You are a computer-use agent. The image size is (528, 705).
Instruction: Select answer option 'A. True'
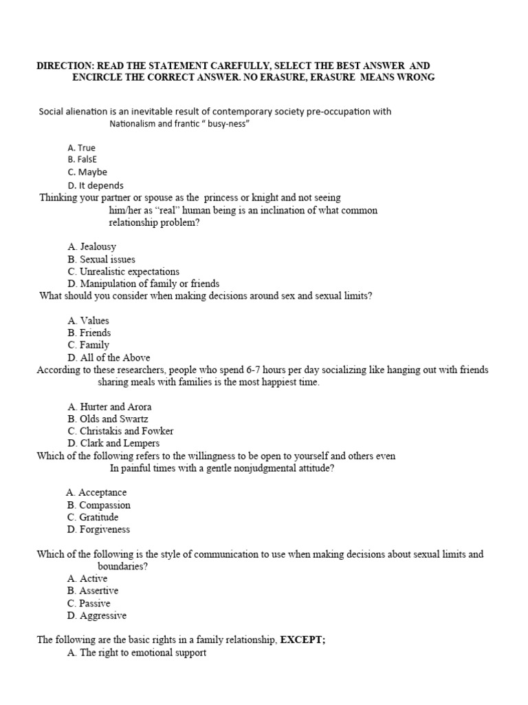[x=82, y=147]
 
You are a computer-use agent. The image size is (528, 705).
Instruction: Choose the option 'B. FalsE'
[x=82, y=160]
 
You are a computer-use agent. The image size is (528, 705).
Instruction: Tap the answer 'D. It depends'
[x=96, y=185]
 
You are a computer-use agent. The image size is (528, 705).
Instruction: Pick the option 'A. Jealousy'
[x=92, y=246]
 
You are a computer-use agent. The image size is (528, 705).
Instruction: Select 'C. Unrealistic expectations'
[x=123, y=271]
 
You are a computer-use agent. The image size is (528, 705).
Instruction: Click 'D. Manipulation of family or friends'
[x=144, y=284]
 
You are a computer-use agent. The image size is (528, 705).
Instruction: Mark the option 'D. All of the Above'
[x=109, y=357]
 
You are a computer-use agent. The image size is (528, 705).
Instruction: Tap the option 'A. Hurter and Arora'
[x=109, y=406]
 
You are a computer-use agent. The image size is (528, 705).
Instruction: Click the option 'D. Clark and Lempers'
[x=113, y=443]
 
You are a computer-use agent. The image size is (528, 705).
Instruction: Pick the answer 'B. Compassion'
[x=98, y=505]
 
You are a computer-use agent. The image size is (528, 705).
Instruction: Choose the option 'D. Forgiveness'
[x=98, y=529]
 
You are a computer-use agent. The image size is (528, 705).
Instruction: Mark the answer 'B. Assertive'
[x=93, y=591]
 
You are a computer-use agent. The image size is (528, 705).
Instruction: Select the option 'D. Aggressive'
[x=97, y=615]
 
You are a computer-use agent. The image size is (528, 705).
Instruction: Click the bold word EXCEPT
[x=302, y=640]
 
